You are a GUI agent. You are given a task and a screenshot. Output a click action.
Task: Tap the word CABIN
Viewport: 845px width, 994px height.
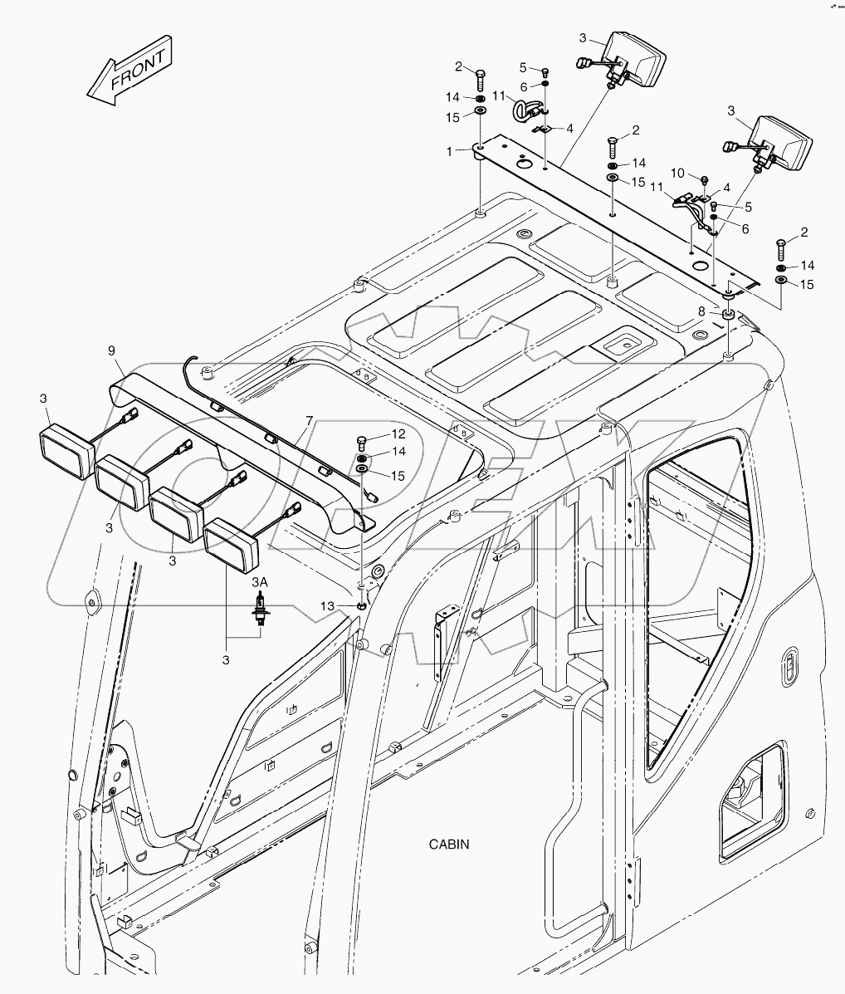(449, 845)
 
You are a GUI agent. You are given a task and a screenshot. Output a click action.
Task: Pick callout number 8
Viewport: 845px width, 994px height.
(701, 311)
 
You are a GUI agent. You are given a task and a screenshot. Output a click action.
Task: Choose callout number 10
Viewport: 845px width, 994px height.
(678, 173)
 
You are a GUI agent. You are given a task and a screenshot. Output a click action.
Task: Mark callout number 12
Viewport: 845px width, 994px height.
(398, 433)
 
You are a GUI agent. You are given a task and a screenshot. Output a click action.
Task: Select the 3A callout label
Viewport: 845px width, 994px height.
(260, 583)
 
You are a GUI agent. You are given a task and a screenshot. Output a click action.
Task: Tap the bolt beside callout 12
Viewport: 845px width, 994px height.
(362, 441)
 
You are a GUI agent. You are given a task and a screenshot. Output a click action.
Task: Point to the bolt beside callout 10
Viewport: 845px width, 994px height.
(704, 179)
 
